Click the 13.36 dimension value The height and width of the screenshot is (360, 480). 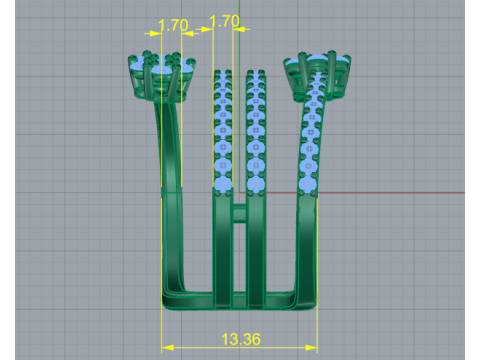click(241, 339)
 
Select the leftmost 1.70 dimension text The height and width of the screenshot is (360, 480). click(173, 25)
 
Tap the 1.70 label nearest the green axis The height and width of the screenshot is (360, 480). click(225, 21)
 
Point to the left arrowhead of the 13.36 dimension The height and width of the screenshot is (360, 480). click(167, 348)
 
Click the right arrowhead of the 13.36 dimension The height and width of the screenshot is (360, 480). click(311, 348)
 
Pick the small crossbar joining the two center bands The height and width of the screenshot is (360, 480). click(239, 213)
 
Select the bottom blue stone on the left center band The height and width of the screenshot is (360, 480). click(222, 184)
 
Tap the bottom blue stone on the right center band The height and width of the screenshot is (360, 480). click(256, 184)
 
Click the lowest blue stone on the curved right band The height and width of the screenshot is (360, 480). click(307, 184)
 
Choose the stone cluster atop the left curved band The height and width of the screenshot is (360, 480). click(162, 76)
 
